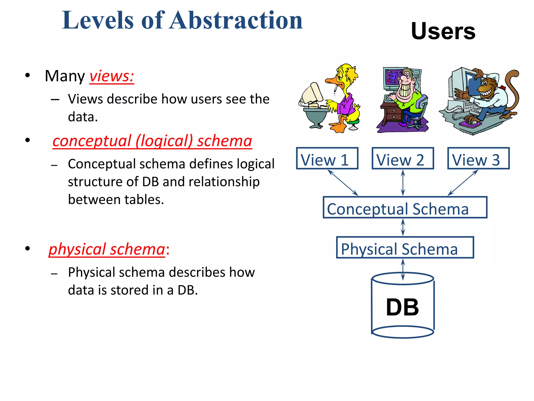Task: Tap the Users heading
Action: click(443, 31)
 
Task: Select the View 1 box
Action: click(327, 158)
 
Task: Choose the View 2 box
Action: click(403, 158)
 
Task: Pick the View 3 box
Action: click(478, 158)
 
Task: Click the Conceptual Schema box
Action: click(405, 208)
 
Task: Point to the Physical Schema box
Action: click(405, 247)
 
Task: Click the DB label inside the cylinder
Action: click(402, 307)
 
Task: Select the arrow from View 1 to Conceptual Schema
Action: click(343, 183)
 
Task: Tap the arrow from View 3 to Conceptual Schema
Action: click(463, 183)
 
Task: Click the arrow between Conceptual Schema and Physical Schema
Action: click(403, 227)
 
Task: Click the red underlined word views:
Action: click(112, 76)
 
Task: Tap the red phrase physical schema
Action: click(107, 249)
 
